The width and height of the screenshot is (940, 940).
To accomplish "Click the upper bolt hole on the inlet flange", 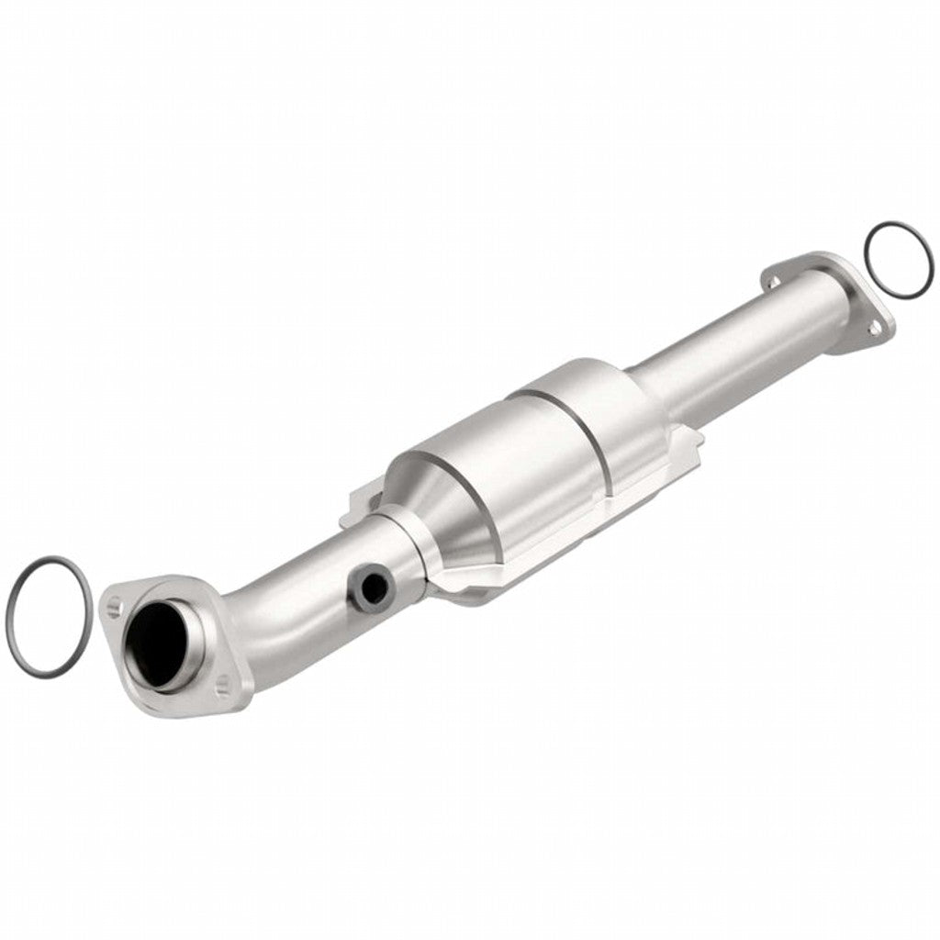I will [x=114, y=605].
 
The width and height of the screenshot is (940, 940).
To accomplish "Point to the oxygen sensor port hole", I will [x=371, y=587].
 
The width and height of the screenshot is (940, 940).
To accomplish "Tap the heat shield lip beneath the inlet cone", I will [x=468, y=587].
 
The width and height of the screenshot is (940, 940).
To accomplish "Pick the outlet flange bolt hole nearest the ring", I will [x=877, y=325].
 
